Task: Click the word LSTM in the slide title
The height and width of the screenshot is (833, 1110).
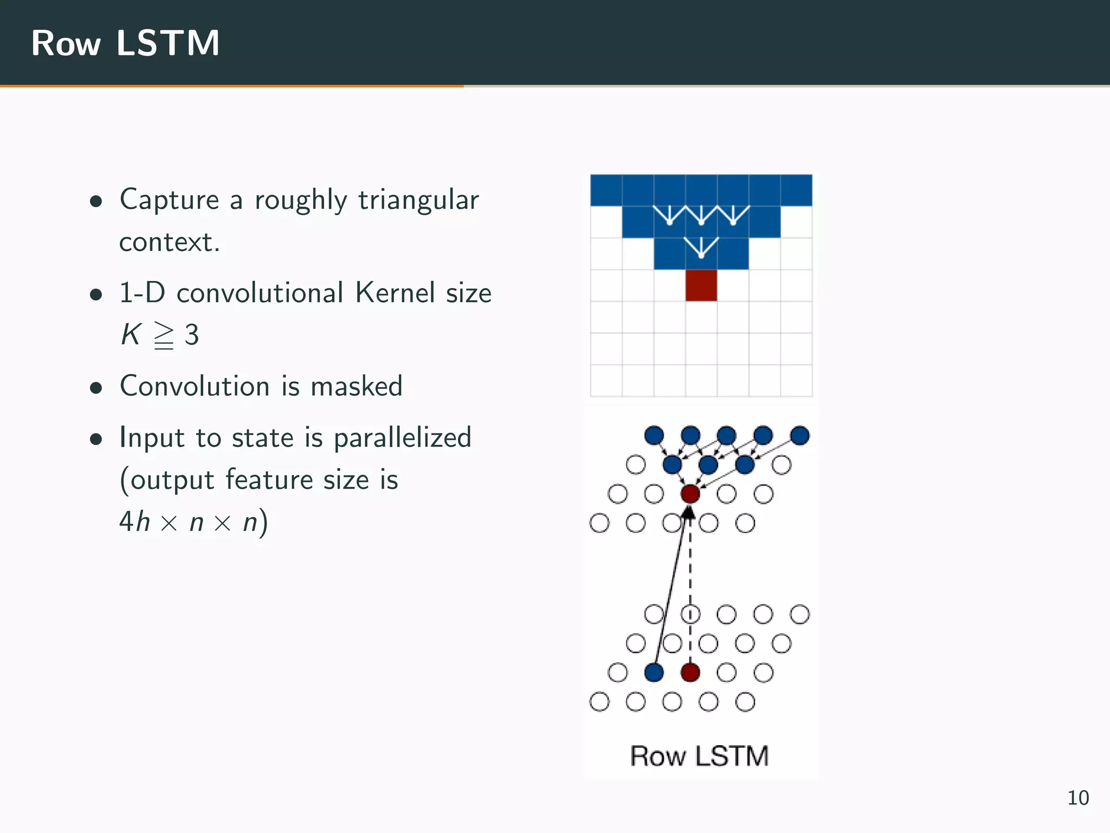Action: (168, 43)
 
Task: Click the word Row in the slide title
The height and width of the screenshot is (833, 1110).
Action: (66, 44)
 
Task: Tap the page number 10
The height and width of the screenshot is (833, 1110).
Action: (1077, 798)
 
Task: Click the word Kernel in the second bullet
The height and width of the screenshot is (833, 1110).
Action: (395, 293)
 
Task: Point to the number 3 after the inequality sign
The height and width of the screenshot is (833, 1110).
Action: (191, 335)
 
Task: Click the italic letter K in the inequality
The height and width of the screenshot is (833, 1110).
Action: (131, 334)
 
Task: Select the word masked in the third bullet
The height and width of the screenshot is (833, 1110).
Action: (356, 387)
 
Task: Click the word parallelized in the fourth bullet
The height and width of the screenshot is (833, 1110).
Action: (402, 438)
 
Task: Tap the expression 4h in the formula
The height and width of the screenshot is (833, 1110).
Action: (134, 522)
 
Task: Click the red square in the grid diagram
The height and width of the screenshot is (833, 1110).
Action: (701, 285)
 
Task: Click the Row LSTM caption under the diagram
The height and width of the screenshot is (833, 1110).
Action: (699, 756)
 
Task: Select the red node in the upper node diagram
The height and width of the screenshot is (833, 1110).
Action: (690, 494)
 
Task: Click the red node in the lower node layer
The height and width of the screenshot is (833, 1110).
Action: (690, 672)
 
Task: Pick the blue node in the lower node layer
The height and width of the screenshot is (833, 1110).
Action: (654, 672)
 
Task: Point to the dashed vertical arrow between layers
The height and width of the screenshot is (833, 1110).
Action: (690, 575)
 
